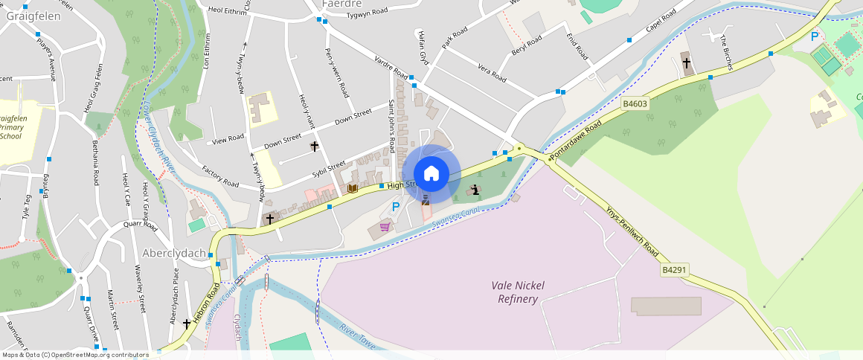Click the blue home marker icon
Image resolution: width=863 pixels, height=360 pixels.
(x=431, y=174)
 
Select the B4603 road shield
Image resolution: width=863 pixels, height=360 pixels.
(x=636, y=105)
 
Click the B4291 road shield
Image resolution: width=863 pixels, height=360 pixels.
(x=674, y=270)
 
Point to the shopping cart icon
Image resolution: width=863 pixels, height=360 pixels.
(x=385, y=227)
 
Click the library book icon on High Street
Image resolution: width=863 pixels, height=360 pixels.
(x=353, y=189)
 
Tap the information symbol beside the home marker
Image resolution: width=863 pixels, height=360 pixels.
(x=475, y=190)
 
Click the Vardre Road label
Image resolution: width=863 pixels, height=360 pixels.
(x=391, y=68)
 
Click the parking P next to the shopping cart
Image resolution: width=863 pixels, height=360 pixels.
(x=396, y=207)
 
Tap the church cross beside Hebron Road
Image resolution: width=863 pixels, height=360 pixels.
(x=187, y=324)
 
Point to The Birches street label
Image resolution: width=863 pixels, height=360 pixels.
(x=726, y=52)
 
